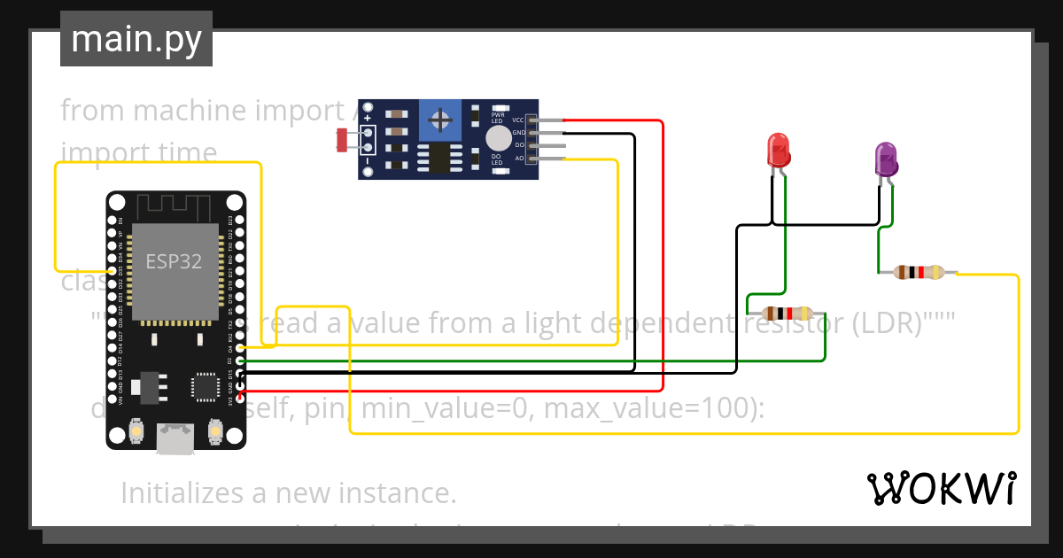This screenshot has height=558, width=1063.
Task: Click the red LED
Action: pyautogui.click(x=778, y=149)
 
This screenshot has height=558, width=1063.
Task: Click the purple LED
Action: pyautogui.click(x=886, y=159)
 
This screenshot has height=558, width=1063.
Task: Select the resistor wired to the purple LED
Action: pyautogui.click(x=918, y=273)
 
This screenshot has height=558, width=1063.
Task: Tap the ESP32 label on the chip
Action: pyautogui.click(x=174, y=261)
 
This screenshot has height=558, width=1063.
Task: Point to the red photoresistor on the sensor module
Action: pyautogui.click(x=343, y=138)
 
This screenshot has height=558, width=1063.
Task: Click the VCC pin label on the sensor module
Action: pyautogui.click(x=518, y=120)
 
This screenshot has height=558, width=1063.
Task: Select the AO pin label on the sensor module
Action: pyautogui.click(x=519, y=159)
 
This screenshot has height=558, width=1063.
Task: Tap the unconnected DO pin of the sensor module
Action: pyautogui.click(x=549, y=145)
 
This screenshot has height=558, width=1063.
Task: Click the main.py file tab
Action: pyautogui.click(x=136, y=39)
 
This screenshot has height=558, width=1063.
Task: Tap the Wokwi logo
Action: pyautogui.click(x=941, y=488)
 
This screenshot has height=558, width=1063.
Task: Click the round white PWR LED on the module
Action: pyautogui.click(x=499, y=138)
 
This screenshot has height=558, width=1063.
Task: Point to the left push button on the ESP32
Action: pyautogui.click(x=137, y=430)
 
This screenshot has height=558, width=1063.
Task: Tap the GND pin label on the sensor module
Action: pyautogui.click(x=519, y=133)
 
